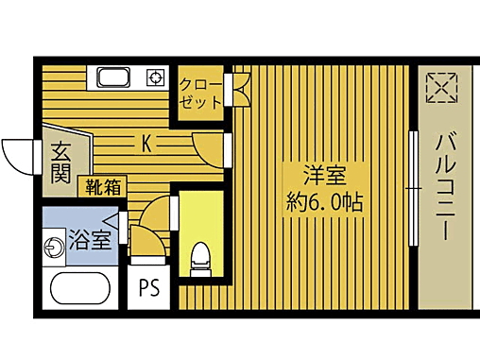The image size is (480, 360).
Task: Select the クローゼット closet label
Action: [x=200, y=92]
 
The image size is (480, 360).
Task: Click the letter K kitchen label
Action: [x=146, y=145]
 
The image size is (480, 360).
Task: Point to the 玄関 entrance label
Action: [x=59, y=163]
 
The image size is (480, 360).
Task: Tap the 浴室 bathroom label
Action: [x=91, y=239]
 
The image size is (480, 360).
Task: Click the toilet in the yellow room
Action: [x=199, y=258]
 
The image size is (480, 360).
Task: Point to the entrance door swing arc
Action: [x=19, y=154]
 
